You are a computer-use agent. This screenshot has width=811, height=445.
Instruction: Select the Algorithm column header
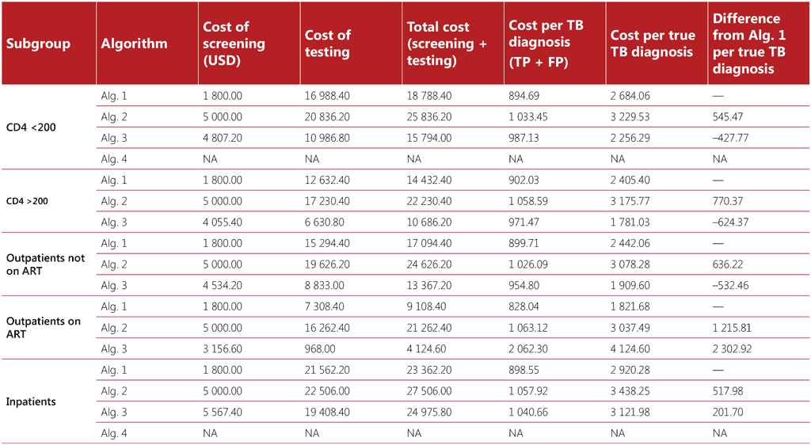134,44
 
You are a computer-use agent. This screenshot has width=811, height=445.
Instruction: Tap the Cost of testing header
327,44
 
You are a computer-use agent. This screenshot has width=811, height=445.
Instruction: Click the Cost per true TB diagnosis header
652,44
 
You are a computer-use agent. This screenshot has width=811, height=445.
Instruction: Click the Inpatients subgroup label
31,401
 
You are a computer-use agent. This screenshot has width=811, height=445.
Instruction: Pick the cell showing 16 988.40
327,96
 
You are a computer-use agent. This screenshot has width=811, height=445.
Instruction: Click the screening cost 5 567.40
227,412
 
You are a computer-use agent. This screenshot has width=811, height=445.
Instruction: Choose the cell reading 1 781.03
631,222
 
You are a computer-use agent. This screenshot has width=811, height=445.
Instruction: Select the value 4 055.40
227,222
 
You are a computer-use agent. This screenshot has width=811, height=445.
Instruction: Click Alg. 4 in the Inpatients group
114,433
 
